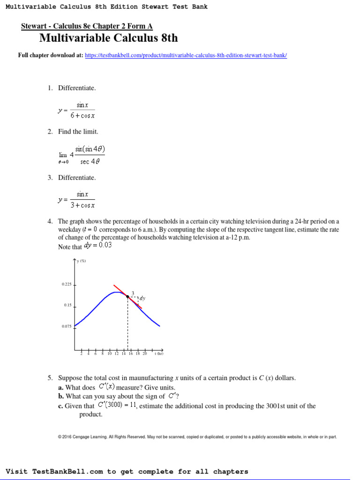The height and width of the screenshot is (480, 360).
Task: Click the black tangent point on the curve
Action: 127,296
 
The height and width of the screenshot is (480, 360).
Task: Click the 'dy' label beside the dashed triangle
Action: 142,298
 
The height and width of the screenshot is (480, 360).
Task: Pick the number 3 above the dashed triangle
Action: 133,292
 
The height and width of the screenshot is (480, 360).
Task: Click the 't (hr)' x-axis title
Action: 158,354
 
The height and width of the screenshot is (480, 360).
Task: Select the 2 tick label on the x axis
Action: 82,354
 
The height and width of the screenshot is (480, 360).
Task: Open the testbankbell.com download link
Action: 186,55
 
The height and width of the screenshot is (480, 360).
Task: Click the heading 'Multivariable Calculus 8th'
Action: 108,38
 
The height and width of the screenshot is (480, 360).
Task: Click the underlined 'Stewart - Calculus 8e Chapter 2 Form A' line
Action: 87,26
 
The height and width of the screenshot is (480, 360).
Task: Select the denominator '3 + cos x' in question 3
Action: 82,205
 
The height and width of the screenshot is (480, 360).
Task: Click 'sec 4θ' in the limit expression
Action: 89,162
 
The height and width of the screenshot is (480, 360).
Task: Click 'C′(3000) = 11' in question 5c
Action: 117,405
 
